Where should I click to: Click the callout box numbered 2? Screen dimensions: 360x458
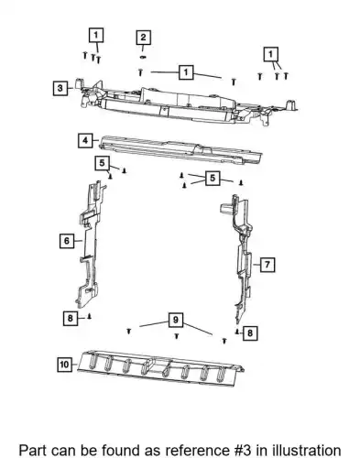coord(143,38)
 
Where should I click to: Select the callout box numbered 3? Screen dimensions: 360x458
coord(60,88)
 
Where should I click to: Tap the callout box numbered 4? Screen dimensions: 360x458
coord(85,140)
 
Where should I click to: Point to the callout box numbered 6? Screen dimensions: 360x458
coord(67,241)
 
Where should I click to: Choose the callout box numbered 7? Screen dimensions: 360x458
coord(267,265)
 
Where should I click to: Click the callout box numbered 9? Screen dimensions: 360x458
coord(176,320)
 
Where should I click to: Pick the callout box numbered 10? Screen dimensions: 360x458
coord(65,365)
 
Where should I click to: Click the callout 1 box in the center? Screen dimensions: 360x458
coord(186,72)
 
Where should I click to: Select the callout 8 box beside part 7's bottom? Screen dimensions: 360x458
coord(250,333)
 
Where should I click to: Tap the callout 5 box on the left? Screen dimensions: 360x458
coord(102,163)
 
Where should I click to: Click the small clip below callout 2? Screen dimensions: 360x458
coord(143,57)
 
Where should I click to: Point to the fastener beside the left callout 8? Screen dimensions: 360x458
coord(90,316)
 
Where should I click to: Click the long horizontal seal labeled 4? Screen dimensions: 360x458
coord(180,150)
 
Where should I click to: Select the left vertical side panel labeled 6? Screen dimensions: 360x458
coord(89,245)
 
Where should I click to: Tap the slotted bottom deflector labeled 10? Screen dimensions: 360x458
coord(161,366)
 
